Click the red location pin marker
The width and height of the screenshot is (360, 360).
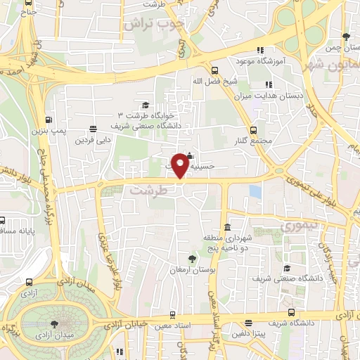click(181, 165)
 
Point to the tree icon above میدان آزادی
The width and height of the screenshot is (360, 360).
click(55, 324)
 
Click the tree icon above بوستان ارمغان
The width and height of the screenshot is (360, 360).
click(191, 258)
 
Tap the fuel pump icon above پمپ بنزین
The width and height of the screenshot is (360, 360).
click(49, 120)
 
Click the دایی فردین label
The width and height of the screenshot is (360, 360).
click(94, 139)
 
